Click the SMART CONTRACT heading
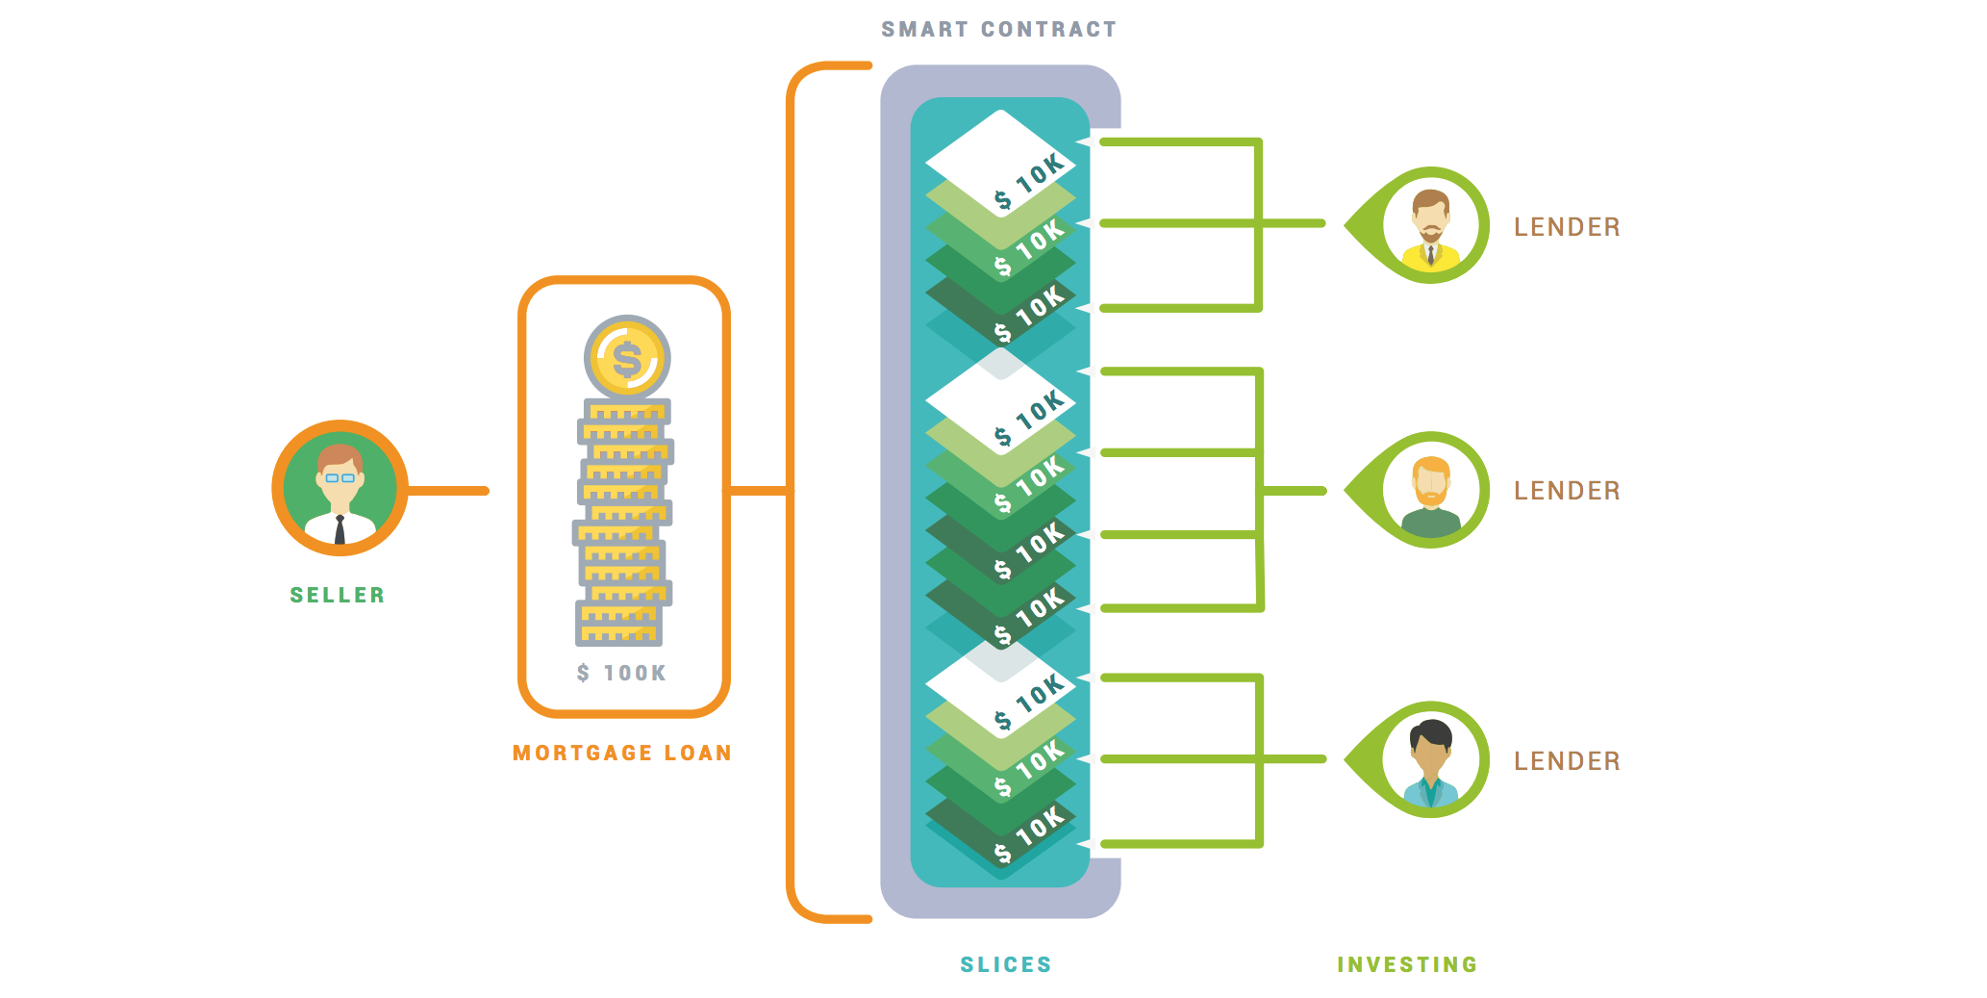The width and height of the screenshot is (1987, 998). coord(998,30)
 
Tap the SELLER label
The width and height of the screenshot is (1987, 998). coord(338,596)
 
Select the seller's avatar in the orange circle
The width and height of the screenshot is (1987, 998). coord(340,488)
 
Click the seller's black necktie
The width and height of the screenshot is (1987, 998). coord(340,530)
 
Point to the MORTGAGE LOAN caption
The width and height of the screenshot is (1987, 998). coord(622,753)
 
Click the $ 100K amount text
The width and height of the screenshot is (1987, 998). coord(621,673)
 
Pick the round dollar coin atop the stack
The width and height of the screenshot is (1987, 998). coord(627,358)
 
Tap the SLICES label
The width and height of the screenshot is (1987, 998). coord(1006,964)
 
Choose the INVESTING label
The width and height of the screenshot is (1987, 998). coord(1407,964)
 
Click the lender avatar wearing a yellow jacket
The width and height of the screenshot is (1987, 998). coord(1431,226)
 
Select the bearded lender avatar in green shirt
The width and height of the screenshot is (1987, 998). coord(1431,491)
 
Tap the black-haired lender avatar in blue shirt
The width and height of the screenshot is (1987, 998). coord(1431,760)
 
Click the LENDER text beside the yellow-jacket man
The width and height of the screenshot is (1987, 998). coord(1567,227)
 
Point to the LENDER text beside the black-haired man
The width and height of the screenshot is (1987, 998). coord(1567,761)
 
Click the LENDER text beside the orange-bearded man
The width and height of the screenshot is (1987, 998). coord(1567,491)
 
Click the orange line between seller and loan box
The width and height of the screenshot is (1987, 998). coord(448,491)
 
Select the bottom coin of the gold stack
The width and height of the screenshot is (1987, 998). coord(619,634)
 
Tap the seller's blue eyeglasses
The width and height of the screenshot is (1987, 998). coord(340,477)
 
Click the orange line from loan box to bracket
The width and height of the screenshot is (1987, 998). coord(760,491)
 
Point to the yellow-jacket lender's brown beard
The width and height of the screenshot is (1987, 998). coord(1431,233)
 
